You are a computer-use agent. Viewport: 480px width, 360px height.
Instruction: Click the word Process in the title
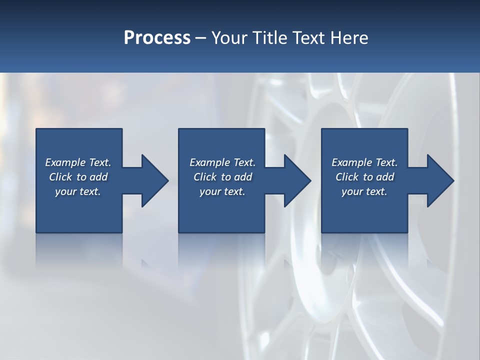click(157, 38)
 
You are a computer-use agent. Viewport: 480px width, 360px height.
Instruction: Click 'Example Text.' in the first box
click(78, 162)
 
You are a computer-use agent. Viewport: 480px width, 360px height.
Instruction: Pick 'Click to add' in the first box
click(78, 177)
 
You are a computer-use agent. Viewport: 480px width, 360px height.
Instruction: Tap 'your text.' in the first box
click(78, 191)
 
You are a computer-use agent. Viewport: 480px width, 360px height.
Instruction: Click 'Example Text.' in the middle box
click(222, 162)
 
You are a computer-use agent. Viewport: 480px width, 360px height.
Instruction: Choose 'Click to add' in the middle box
click(222, 177)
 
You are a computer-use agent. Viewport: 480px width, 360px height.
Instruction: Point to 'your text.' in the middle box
click(222, 191)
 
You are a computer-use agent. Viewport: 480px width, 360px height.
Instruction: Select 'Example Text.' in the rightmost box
click(364, 162)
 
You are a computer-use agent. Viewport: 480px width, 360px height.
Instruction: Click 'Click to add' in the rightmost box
click(364, 177)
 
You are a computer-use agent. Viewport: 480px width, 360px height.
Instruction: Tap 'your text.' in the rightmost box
click(364, 191)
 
